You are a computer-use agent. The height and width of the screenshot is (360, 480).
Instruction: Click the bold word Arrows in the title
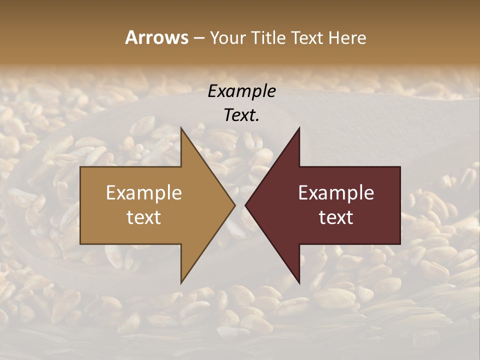click(156, 37)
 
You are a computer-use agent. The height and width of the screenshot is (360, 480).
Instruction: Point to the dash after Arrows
click(198, 38)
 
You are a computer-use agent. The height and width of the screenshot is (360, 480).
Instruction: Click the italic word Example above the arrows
click(241, 91)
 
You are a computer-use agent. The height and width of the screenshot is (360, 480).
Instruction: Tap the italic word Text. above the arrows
click(241, 115)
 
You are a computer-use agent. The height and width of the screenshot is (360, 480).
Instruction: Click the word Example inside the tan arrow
click(144, 192)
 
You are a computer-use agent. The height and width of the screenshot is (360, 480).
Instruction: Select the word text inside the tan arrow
click(144, 217)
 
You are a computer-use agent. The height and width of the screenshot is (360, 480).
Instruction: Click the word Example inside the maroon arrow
click(336, 192)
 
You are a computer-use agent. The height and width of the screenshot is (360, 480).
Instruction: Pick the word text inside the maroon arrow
click(336, 217)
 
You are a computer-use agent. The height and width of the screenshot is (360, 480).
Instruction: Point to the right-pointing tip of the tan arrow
click(235, 205)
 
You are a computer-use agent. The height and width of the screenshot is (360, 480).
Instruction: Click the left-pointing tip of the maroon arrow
click(245, 205)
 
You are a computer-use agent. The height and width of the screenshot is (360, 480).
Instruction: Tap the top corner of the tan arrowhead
click(181, 128)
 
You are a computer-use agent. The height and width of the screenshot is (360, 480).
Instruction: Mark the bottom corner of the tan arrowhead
click(181, 282)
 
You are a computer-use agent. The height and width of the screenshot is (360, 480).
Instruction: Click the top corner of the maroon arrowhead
click(299, 128)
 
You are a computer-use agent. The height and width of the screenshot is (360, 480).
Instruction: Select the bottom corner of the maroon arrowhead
click(299, 282)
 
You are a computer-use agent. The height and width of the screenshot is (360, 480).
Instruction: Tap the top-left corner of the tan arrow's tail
click(80, 167)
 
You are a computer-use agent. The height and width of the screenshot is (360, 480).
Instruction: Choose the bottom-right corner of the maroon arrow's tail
click(400, 244)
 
